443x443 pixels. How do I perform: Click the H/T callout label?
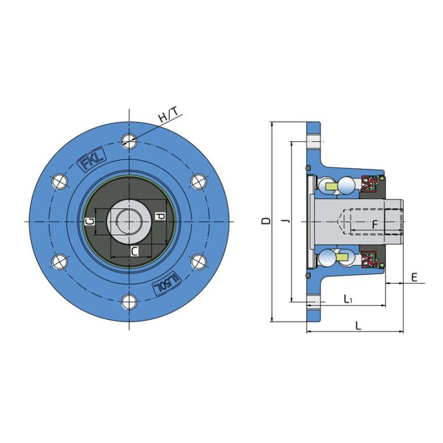[169, 116]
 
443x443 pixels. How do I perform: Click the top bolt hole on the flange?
[130, 141]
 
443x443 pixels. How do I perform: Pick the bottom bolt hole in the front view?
[130, 302]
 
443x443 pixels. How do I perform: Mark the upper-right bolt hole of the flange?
[199, 181]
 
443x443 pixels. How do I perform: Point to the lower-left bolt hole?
[60, 261]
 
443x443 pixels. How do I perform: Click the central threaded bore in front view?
[130, 221]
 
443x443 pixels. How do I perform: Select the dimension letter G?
[91, 221]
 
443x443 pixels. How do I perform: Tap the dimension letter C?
[134, 251]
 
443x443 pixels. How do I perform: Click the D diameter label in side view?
[266, 221]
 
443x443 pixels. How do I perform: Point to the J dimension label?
[286, 221]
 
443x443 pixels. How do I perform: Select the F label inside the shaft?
[375, 224]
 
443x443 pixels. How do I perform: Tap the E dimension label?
[414, 277]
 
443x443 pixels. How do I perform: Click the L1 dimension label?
[348, 298]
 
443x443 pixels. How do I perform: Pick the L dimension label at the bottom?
[358, 325]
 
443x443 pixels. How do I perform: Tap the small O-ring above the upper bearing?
[308, 168]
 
